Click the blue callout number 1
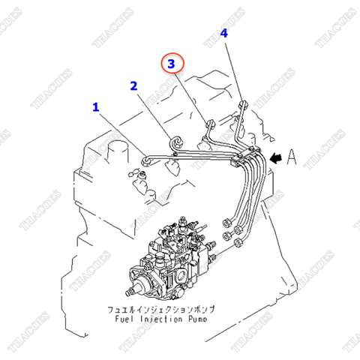[x=95, y=107]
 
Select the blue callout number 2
[x=133, y=85]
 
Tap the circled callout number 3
[x=171, y=65]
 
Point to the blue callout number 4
[x=223, y=34]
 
